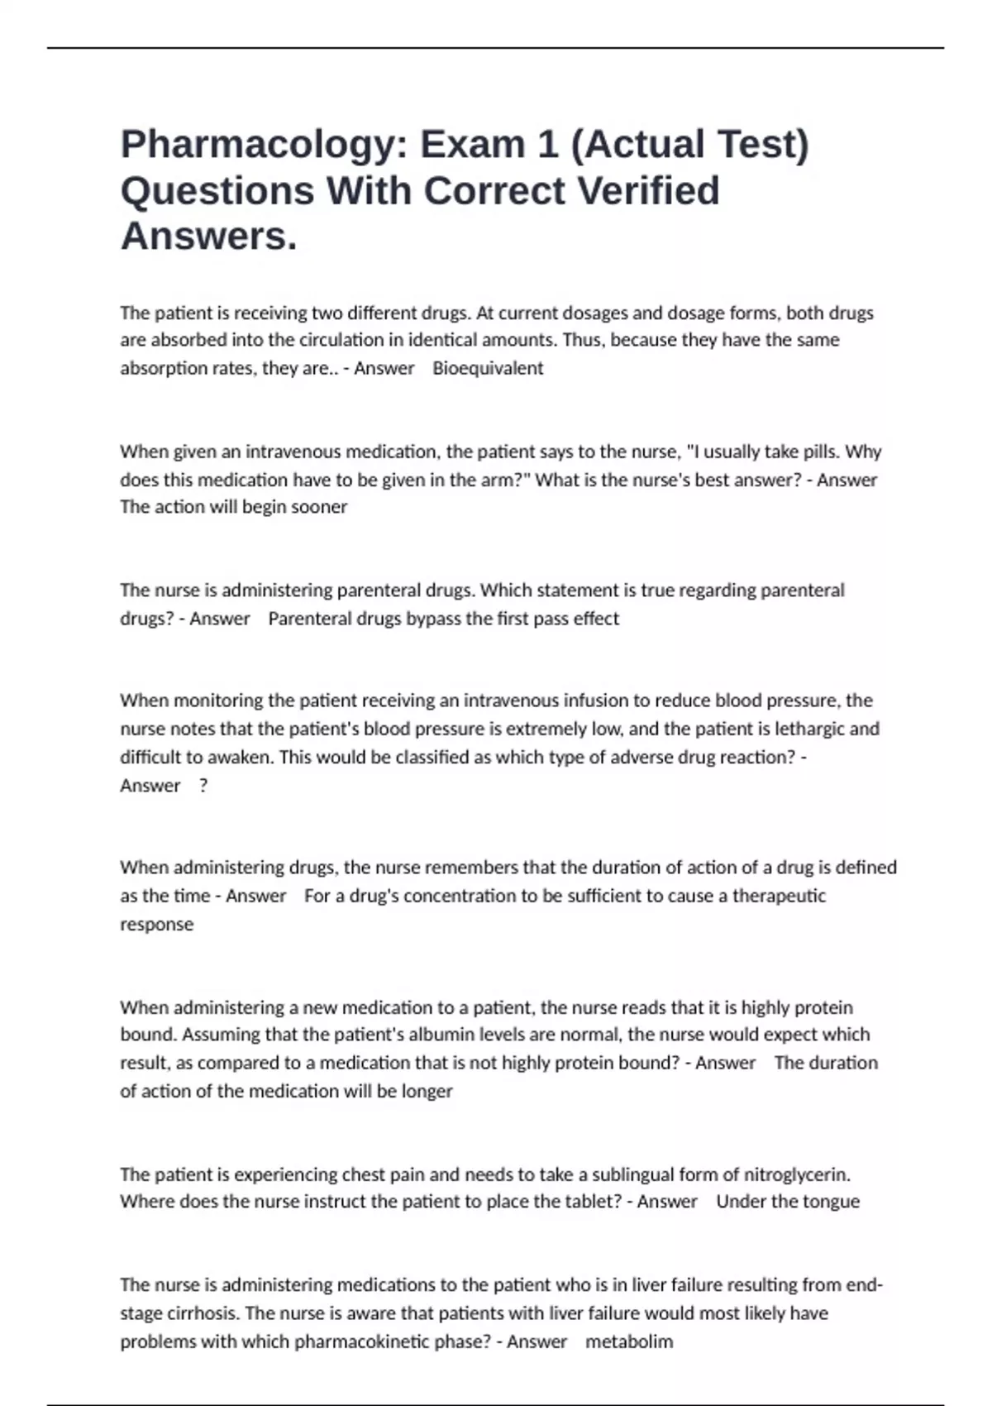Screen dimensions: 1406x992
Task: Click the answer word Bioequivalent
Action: [488, 368]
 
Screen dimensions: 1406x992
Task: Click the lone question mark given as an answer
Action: [203, 786]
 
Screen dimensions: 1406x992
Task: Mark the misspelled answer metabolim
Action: [629, 1341]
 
